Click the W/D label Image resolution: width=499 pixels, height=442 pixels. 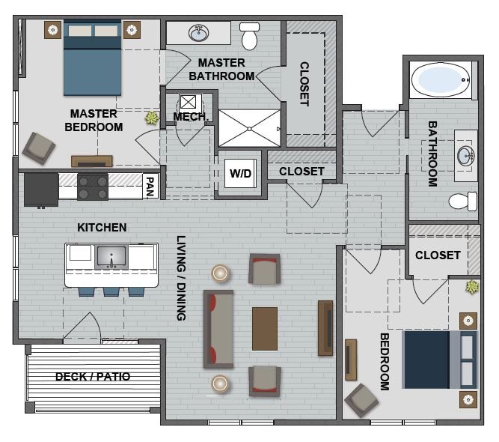click(x=240, y=174)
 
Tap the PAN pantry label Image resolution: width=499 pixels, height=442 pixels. click(x=150, y=185)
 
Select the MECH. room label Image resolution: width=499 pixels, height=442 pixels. click(x=190, y=117)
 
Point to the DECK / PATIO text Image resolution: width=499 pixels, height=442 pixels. click(x=93, y=377)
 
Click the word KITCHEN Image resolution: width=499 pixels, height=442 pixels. click(x=102, y=227)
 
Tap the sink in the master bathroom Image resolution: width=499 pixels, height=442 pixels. click(x=199, y=33)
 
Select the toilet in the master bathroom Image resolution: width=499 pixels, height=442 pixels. click(x=249, y=34)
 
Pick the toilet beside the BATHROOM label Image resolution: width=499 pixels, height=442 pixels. click(x=462, y=201)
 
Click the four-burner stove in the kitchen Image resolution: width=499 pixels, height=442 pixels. click(x=93, y=187)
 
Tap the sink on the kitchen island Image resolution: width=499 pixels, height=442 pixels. click(x=111, y=256)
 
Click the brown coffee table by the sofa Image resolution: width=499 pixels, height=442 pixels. click(x=265, y=328)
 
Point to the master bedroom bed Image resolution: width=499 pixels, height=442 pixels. click(x=92, y=57)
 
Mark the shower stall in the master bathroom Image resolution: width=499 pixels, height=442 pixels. click(x=249, y=128)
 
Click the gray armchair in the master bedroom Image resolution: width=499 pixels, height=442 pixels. click(x=37, y=148)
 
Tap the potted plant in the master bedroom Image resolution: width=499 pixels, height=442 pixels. click(x=153, y=118)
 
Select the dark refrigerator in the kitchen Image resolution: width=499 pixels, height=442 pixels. click(x=41, y=189)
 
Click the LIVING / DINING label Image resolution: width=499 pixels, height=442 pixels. click(x=180, y=278)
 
